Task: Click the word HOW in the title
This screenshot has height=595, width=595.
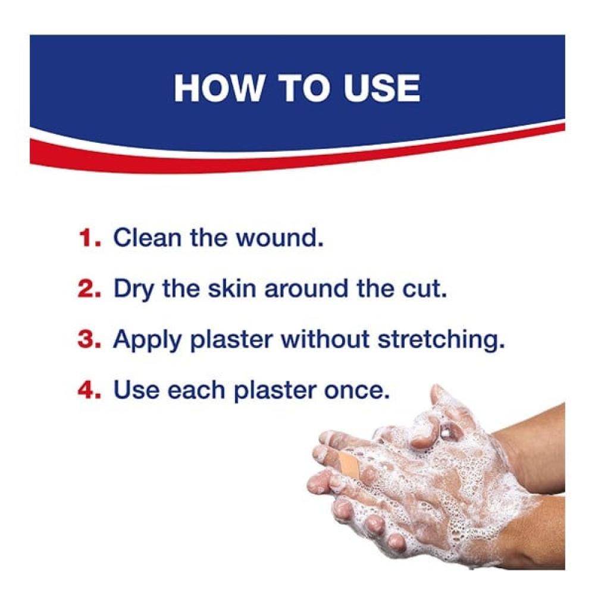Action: tap(218, 88)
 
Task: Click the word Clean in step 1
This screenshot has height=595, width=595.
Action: tap(147, 238)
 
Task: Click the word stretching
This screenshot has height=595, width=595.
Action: tap(441, 340)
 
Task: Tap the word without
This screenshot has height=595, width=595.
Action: tap(324, 339)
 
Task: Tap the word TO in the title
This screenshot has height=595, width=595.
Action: tap(303, 88)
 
